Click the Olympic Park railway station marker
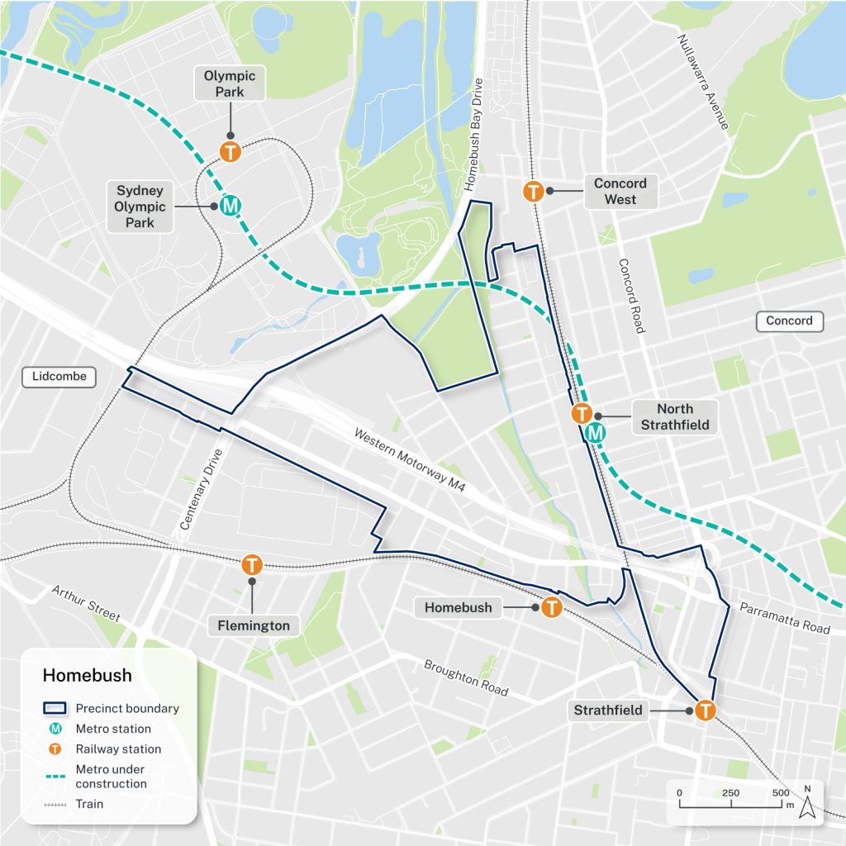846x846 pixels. pyautogui.click(x=230, y=152)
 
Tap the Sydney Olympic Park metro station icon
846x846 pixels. pyautogui.click(x=231, y=205)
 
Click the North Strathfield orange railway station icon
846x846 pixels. pyautogui.click(x=582, y=414)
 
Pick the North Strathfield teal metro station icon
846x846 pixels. pyautogui.click(x=595, y=432)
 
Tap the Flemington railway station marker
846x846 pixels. pyautogui.click(x=252, y=566)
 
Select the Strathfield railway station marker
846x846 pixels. pyautogui.click(x=706, y=710)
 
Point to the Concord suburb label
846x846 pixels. pyautogui.click(x=789, y=321)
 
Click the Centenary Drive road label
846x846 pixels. pyautogui.click(x=202, y=489)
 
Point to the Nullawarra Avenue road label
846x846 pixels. pyautogui.click(x=703, y=82)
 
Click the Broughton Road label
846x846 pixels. pyautogui.click(x=465, y=677)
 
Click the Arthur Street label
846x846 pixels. pyautogui.click(x=86, y=604)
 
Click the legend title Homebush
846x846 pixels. pyautogui.click(x=87, y=675)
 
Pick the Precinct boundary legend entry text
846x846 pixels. pyautogui.click(x=127, y=708)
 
